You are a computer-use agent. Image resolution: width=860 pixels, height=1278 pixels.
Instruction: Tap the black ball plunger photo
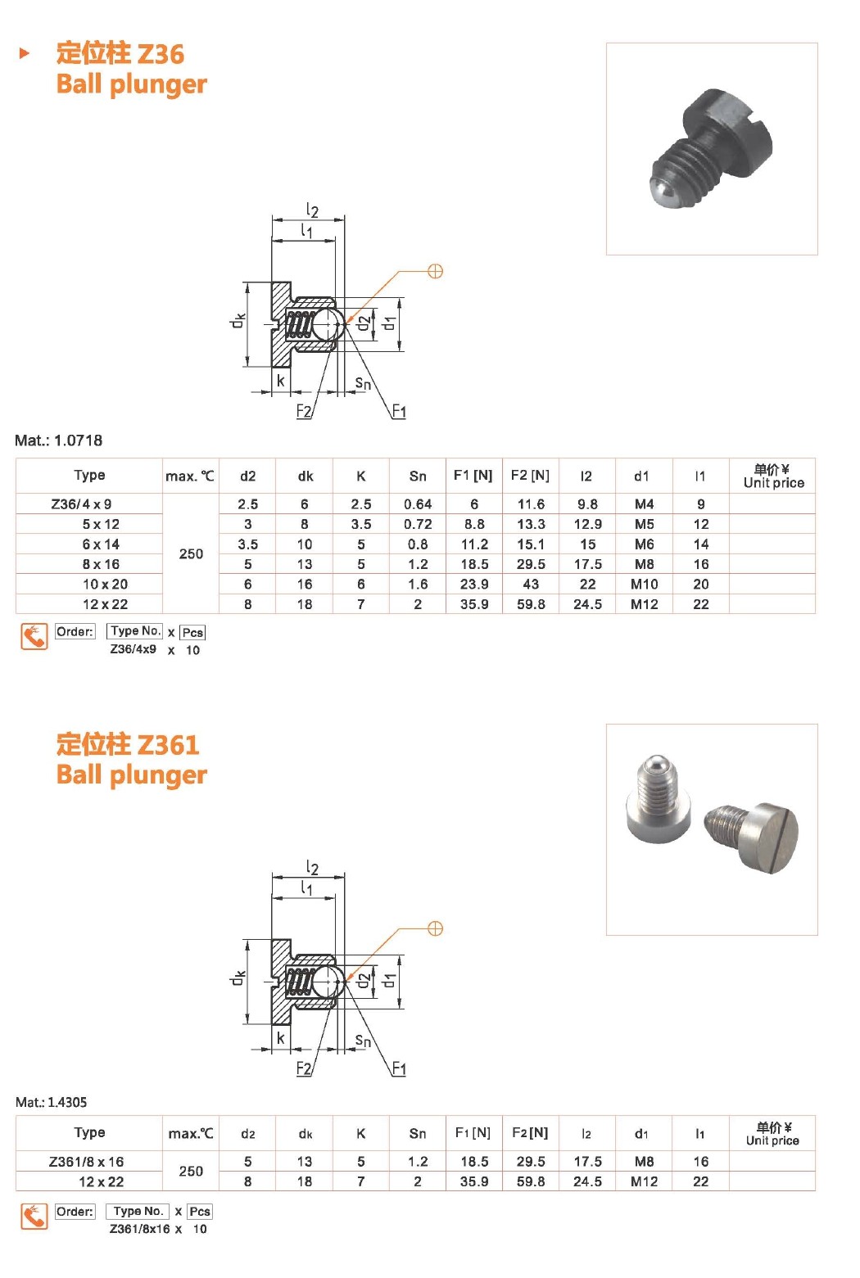coord(712,149)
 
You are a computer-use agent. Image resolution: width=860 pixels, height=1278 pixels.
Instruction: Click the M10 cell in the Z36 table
coord(644,585)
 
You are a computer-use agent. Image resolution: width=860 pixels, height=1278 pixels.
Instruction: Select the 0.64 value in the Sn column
coord(418,504)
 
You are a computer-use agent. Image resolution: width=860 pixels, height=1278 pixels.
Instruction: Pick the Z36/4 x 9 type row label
coord(81,504)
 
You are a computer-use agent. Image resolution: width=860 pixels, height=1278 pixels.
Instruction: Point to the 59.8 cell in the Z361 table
coord(531,1182)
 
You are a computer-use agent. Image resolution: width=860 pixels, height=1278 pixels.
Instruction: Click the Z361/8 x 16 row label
coord(86,1162)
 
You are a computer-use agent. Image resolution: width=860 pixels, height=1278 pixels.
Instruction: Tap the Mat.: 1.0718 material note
coord(59,440)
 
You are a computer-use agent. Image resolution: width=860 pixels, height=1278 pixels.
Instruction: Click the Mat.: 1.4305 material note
coord(52,1102)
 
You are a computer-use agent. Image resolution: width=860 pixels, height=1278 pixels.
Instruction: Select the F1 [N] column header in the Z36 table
coord(473,476)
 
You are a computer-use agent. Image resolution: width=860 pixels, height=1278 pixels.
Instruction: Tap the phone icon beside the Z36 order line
coord(34,637)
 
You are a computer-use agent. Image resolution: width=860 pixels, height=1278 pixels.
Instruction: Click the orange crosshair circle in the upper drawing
coord(436,271)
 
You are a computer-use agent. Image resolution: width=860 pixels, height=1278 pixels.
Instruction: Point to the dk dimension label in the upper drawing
coord(238,322)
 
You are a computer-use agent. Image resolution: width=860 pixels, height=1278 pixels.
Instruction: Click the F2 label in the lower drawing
coord(304,1068)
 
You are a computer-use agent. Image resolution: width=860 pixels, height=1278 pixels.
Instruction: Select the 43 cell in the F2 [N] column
coord(531,585)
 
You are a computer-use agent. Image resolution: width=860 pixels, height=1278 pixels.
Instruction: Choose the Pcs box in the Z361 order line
coord(200,1212)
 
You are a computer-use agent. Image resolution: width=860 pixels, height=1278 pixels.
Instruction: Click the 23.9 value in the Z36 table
coord(474,585)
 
